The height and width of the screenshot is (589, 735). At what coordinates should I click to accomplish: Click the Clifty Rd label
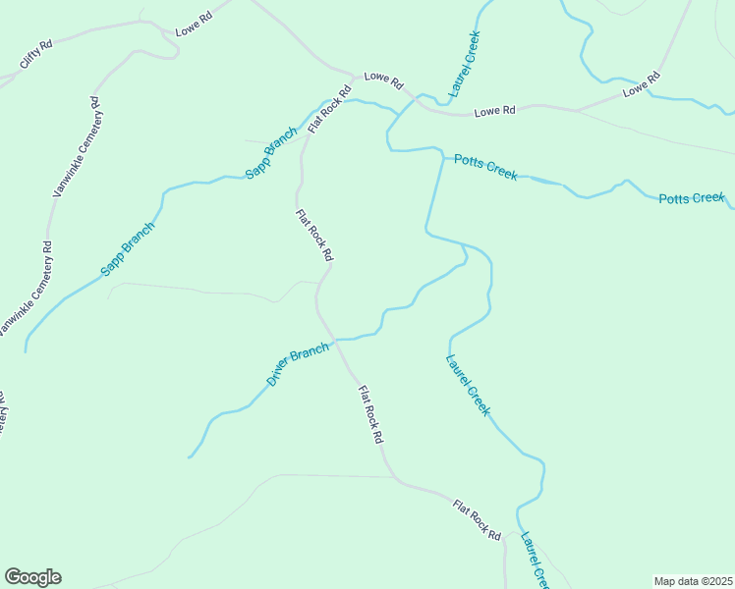pyautogui.click(x=35, y=56)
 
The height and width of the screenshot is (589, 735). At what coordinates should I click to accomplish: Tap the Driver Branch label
pyautogui.click(x=297, y=363)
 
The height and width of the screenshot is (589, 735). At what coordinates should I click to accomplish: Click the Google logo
pyautogui.click(x=32, y=577)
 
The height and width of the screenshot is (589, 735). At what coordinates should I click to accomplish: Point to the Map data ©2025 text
pyautogui.click(x=692, y=581)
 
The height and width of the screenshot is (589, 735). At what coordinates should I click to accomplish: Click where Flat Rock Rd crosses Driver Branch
pyautogui.click(x=335, y=340)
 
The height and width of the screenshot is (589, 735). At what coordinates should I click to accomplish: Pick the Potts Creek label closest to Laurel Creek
pyautogui.click(x=484, y=167)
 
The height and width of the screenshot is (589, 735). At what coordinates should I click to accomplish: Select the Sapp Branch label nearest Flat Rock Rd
pyautogui.click(x=270, y=152)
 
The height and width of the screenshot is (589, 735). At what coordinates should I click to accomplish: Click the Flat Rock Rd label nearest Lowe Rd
pyautogui.click(x=329, y=110)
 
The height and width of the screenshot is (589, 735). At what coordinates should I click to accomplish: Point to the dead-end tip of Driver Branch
pyautogui.click(x=189, y=457)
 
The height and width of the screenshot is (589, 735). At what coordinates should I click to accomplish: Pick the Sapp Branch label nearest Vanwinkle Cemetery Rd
pyautogui.click(x=128, y=249)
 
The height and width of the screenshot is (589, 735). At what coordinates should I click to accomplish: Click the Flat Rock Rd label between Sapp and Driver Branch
pyautogui.click(x=314, y=235)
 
